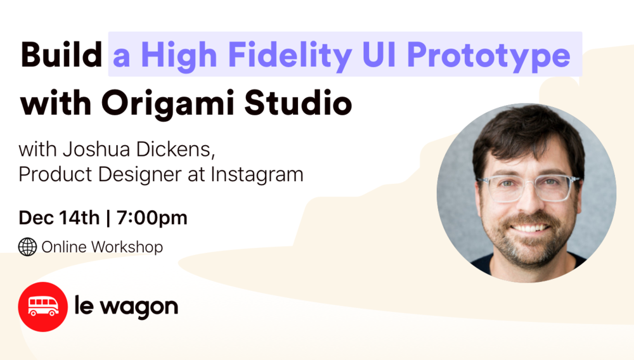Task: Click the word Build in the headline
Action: click(x=61, y=55)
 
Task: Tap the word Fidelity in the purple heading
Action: click(x=290, y=56)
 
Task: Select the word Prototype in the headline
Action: click(x=488, y=56)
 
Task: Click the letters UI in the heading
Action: click(x=379, y=55)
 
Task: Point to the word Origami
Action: click(x=168, y=104)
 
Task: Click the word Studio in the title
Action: click(x=298, y=103)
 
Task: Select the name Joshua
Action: click(x=96, y=149)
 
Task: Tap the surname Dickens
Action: click(x=175, y=149)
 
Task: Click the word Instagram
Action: click(x=257, y=175)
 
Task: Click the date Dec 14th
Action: click(x=59, y=218)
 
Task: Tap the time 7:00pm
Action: click(x=152, y=218)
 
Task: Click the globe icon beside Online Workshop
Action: click(x=27, y=247)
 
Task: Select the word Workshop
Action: click(x=127, y=247)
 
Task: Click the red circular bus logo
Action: click(x=43, y=307)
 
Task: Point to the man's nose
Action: click(x=530, y=202)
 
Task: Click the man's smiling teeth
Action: click(x=531, y=228)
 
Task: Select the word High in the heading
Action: click(x=179, y=56)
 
